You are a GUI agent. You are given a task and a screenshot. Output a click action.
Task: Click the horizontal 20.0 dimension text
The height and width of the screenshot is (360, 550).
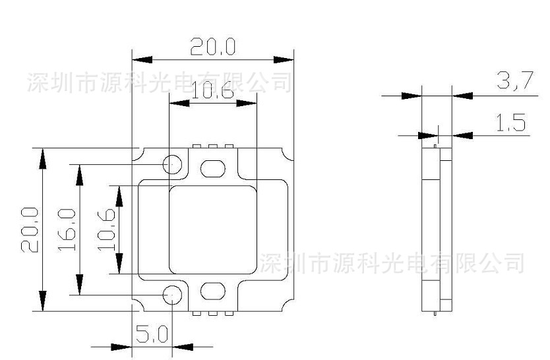[x=213, y=47]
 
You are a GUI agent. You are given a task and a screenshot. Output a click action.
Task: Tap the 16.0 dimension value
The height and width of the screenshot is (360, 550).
[x=66, y=229]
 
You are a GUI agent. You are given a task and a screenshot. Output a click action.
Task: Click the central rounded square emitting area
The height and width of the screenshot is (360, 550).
[x=212, y=229]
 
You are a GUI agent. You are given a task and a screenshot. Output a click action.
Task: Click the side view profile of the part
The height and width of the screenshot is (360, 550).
[x=437, y=227]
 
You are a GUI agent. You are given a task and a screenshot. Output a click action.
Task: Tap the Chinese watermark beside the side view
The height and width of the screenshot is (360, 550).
[x=392, y=262]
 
